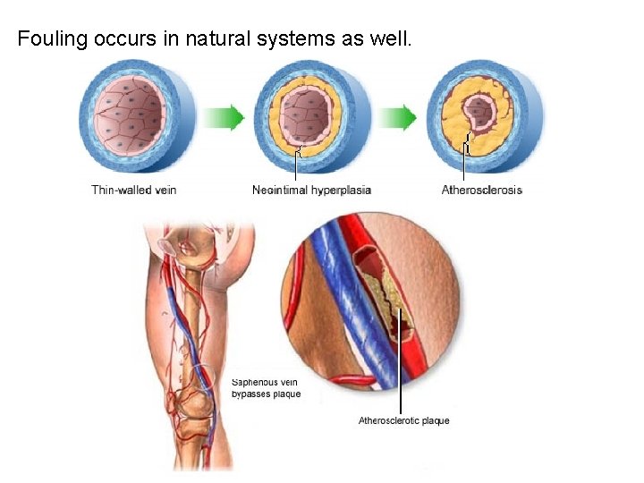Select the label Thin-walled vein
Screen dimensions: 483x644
134,190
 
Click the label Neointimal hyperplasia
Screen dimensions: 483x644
311,190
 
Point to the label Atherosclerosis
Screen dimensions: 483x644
482,190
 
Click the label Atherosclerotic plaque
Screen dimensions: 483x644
404,420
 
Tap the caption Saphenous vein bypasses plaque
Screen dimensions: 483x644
267,388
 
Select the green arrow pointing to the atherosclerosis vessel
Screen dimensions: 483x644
396,117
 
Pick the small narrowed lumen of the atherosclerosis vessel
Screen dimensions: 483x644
483,113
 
